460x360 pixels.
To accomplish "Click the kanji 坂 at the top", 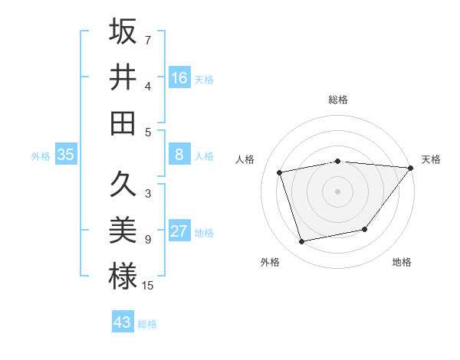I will [x=123, y=31].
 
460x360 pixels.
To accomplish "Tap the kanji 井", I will [x=123, y=77].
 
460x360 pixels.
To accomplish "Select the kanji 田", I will [x=123, y=123].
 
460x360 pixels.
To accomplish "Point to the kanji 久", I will [x=123, y=185].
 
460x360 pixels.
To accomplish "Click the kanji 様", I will [x=123, y=277].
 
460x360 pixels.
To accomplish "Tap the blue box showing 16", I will [x=179, y=78].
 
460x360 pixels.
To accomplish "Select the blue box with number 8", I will [x=179, y=155].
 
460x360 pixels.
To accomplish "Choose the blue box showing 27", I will [x=179, y=232].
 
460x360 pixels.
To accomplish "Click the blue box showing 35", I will [x=66, y=155].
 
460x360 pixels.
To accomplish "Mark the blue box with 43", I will [x=123, y=322].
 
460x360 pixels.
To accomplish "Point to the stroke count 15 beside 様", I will [x=148, y=286].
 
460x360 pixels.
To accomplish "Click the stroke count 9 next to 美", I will [x=147, y=240].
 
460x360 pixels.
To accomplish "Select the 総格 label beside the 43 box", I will [x=147, y=324].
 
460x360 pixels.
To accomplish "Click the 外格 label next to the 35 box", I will [x=41, y=156].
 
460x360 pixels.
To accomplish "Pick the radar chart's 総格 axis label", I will [x=338, y=100].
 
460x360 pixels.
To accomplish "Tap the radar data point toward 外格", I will [x=302, y=242].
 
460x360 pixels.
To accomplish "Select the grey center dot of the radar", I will [x=337, y=191].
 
